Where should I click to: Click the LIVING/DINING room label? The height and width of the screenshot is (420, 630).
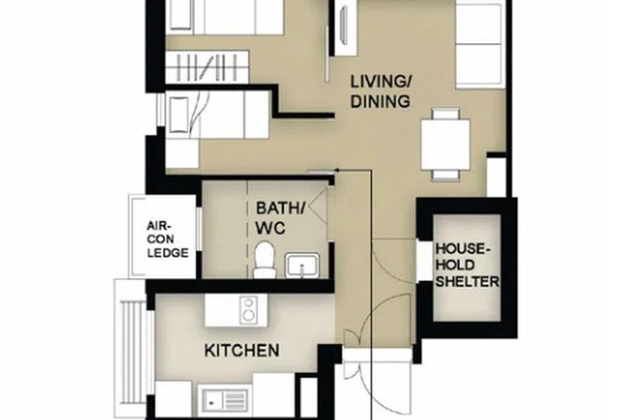(380, 92)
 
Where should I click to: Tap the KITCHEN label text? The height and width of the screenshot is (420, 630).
(241, 351)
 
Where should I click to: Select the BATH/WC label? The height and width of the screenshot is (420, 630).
(280, 218)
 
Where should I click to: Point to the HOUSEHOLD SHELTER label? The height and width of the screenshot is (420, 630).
(467, 266)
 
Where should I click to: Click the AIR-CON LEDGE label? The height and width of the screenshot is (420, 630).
(166, 238)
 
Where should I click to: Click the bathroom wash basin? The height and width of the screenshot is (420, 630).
(302, 265)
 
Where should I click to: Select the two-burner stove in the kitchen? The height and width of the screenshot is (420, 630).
(249, 308)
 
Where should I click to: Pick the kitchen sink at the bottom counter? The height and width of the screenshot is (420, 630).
(224, 401)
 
